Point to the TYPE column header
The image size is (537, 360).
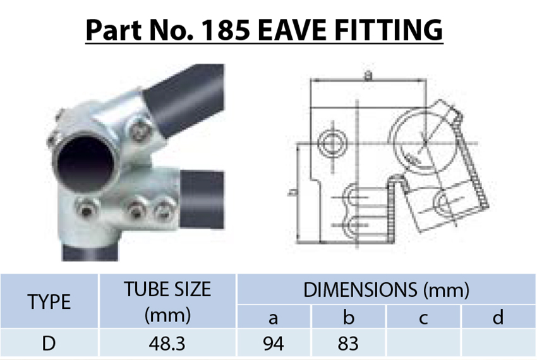pos(49,302)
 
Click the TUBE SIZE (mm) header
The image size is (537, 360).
pos(167,302)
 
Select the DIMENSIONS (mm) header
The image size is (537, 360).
pos(386,290)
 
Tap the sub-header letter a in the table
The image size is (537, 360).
pos(274,317)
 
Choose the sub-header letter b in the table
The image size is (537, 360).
pos(348,317)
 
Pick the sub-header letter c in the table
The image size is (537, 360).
pos(423,317)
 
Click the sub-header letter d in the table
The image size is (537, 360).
pos(498,317)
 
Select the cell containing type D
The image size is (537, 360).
pos(49,344)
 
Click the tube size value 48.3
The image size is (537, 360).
pos(167,344)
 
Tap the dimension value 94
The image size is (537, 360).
pos(274,344)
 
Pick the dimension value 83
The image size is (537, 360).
pos(348,344)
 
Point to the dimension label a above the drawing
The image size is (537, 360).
pos(368,75)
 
